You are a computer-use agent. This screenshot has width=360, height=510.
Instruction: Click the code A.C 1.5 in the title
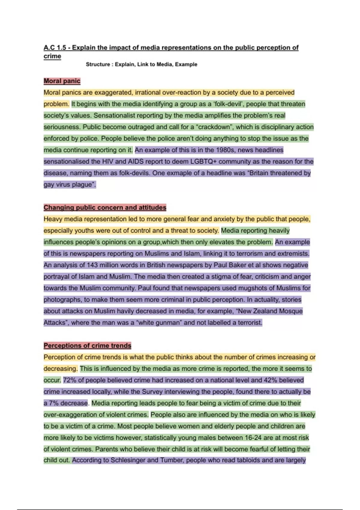(x=54, y=47)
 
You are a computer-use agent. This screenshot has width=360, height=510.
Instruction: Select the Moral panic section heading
(x=62, y=81)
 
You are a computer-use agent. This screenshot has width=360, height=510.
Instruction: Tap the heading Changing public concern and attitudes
(x=105, y=208)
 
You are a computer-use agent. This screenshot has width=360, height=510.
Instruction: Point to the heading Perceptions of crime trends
(x=87, y=346)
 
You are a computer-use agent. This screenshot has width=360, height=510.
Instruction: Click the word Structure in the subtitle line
(x=98, y=64)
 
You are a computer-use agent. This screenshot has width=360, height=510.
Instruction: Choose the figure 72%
(x=70, y=380)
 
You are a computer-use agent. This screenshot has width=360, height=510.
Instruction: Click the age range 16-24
(x=253, y=438)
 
